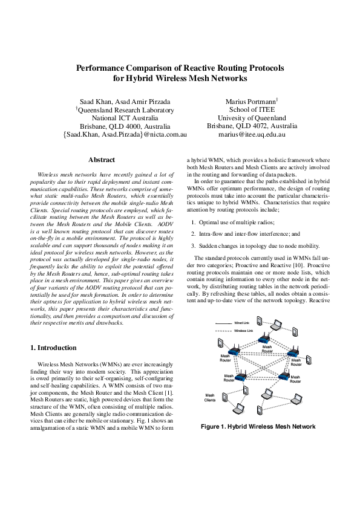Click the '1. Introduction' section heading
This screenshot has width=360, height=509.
(53, 348)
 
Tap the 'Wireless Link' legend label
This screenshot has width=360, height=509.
(244, 331)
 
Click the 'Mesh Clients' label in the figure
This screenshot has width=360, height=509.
(210, 398)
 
